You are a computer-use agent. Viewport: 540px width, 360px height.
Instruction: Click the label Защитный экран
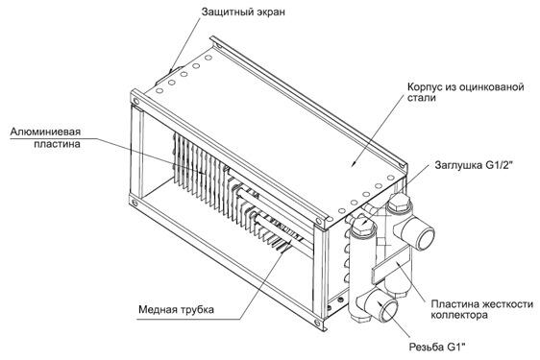pos(243,12)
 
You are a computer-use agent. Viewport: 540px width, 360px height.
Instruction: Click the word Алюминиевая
pos(45,132)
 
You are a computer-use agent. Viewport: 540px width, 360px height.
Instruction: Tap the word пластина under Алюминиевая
pos(57,143)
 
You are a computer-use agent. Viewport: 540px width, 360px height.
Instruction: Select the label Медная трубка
pos(176,309)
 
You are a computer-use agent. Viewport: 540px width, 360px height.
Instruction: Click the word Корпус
pos(425,86)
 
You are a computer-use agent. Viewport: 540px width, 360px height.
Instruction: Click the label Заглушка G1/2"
pos(474,165)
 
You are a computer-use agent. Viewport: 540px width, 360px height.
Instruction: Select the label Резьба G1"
pos(439,347)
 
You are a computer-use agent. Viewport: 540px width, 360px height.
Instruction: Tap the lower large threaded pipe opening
pos(385,306)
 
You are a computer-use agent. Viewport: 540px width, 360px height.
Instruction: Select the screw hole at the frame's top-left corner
pos(136,101)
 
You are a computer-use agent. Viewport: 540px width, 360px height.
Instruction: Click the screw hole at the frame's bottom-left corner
pos(135,204)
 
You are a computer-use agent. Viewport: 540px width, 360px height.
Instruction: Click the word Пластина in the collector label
pos(454,304)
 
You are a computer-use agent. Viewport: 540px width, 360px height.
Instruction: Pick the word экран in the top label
pos(271,12)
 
